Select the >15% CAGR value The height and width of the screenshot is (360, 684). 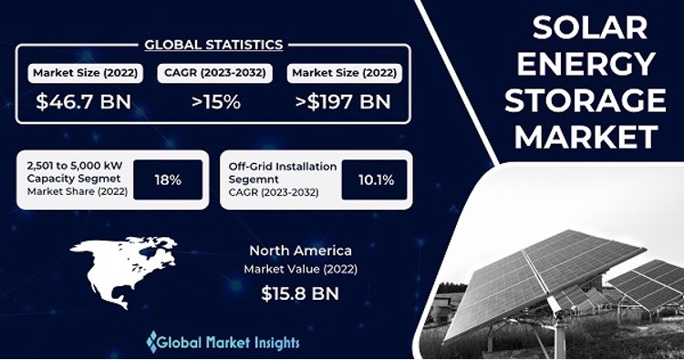216,102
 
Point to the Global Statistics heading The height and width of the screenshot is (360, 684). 214,44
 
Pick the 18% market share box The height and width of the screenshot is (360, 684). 168,180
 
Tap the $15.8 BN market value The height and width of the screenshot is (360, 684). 301,294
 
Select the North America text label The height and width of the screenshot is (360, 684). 301,249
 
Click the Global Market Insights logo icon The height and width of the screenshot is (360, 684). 152,342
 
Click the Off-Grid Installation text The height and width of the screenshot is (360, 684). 283,167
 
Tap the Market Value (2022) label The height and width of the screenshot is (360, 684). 301,269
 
